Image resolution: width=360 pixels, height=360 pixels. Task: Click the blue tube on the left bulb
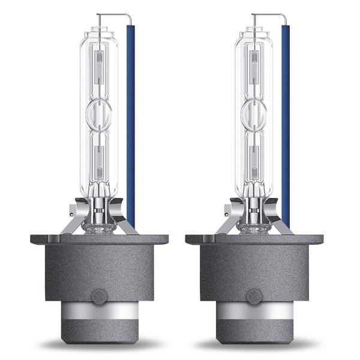pos(130,120)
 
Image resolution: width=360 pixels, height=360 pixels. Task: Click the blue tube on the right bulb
pos(286,120)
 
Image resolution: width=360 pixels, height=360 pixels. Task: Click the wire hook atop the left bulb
pos(114,15)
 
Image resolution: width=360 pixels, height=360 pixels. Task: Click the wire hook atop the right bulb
pos(269,15)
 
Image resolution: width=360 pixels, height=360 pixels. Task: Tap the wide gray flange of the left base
pos(99,239)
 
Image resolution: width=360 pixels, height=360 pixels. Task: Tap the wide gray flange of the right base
pos(254,239)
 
